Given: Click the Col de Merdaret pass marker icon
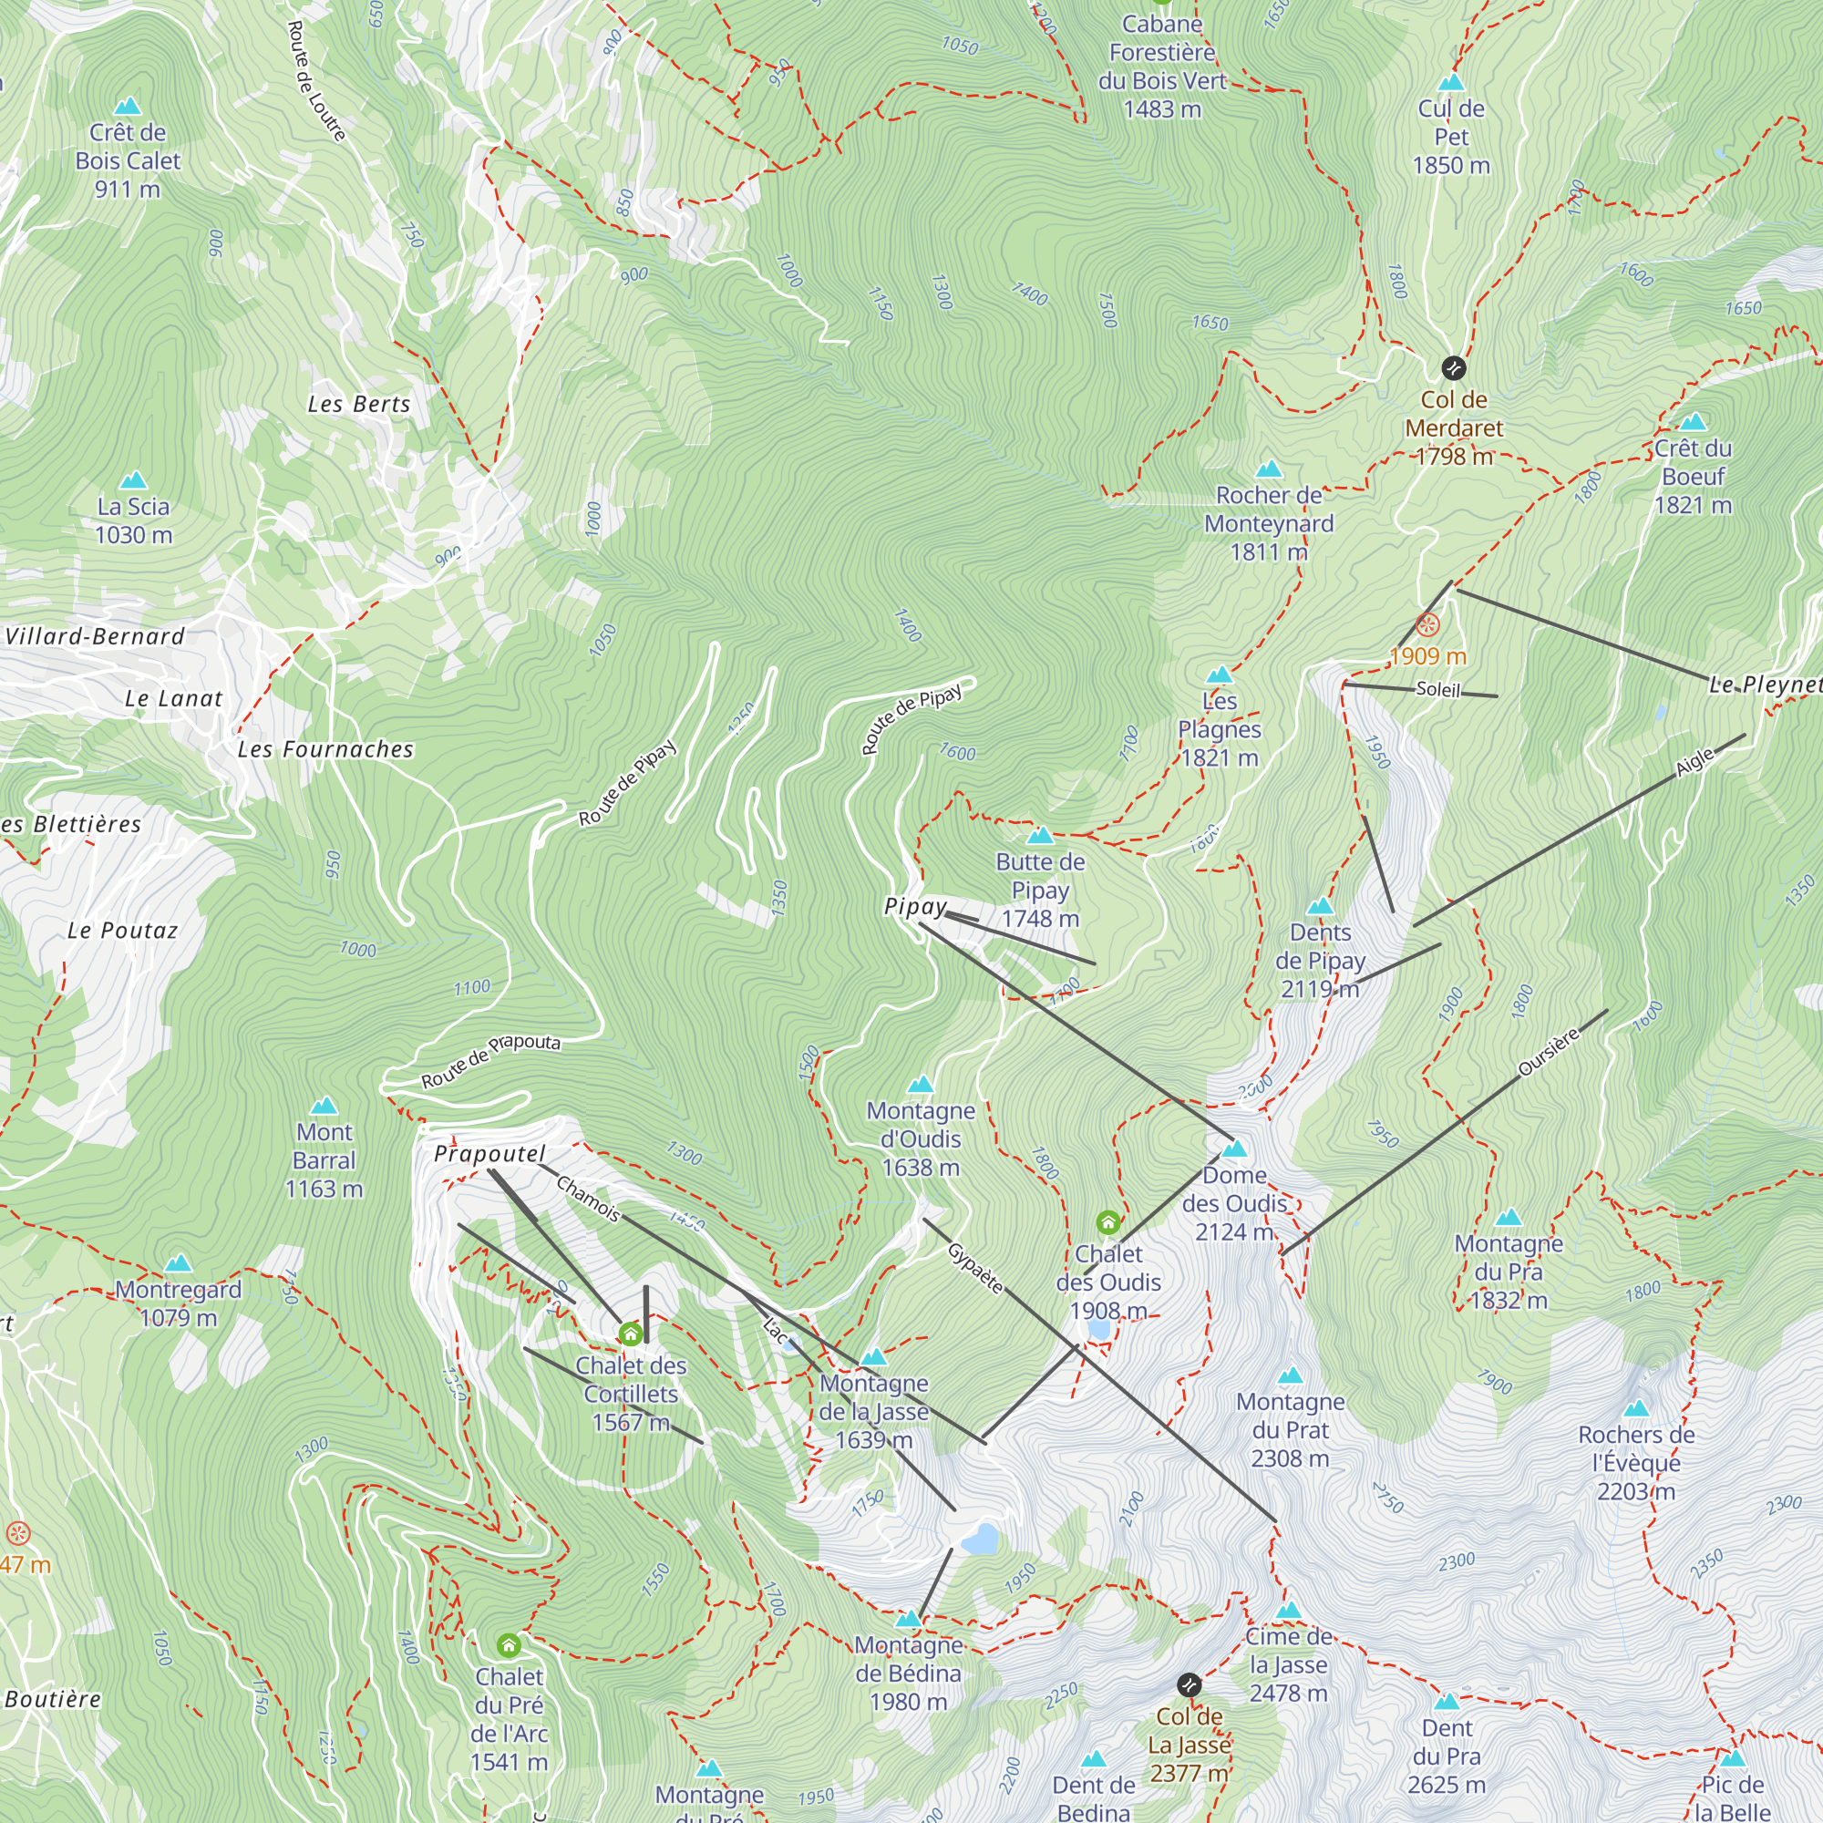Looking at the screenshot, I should point(1453,367).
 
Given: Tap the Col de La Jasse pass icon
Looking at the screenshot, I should point(1189,1684).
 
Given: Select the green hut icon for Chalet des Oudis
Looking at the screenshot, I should point(1107,1223).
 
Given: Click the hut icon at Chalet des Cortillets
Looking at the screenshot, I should point(631,1334).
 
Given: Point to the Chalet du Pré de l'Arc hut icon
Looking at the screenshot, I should point(509,1645).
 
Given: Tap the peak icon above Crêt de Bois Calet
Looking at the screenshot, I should point(128,106).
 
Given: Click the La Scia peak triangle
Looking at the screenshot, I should point(133,480).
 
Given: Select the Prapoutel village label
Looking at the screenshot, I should point(489,1153).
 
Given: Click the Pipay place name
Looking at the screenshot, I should point(914,906).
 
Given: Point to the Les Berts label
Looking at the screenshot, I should point(358,404).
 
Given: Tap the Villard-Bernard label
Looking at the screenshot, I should point(95,636).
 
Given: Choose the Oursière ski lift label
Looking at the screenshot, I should point(1548,1052).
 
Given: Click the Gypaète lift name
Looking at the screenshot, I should point(974,1268).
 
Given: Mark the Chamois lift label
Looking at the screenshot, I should point(588,1199).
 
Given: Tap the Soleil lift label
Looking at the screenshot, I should point(1438,689).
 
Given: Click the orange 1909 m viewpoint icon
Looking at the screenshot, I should point(1427,624).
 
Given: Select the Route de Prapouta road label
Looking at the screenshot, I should point(489,1061).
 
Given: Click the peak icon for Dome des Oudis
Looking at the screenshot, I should point(1234,1148).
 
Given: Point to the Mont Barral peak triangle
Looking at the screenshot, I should point(324,1105).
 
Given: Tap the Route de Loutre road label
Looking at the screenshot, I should point(315,80).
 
